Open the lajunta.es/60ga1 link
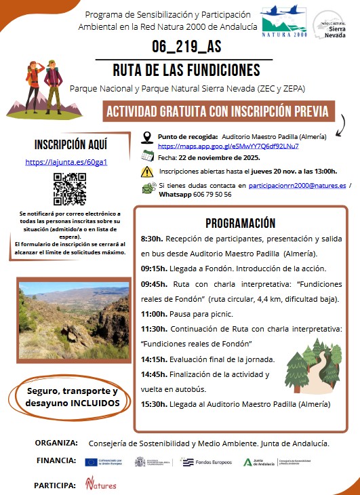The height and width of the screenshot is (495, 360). (66, 163)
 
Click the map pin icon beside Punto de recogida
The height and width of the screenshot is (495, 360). (147, 139)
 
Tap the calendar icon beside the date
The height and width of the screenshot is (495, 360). (147, 156)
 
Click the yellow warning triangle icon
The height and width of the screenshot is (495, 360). (147, 172)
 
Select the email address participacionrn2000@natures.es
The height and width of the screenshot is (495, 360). (298, 184)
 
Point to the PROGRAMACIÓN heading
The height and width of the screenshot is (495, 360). (241, 223)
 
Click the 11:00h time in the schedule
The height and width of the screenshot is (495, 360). (155, 313)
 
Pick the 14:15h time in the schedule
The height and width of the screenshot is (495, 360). (155, 359)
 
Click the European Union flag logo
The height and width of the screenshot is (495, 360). (92, 462)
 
